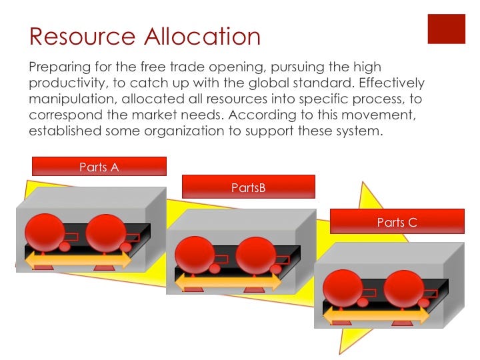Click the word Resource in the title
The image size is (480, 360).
pyautogui.click(x=83, y=37)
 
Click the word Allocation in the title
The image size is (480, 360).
pyautogui.click(x=203, y=37)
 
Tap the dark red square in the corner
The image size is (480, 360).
pyautogui.click(x=446, y=29)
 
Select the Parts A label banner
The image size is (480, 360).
pyautogui.click(x=99, y=166)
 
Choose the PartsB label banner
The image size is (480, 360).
pyautogui.click(x=249, y=187)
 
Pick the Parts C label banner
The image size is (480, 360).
pyautogui.click(x=397, y=221)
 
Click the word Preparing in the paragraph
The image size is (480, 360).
pyautogui.click(x=60, y=67)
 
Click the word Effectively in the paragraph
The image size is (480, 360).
pyautogui.click(x=391, y=83)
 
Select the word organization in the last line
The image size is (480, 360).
pyautogui.click(x=184, y=131)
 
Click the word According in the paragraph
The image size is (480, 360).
pyautogui.click(x=263, y=115)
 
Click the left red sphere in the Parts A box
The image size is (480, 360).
pyautogui.click(x=45, y=233)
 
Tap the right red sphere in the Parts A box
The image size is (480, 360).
pyautogui.click(x=106, y=233)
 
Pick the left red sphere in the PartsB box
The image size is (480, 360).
pyautogui.click(x=195, y=255)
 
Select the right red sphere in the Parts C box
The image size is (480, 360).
pyautogui.click(x=404, y=289)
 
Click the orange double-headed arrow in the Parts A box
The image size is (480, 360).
pyautogui.click(x=78, y=261)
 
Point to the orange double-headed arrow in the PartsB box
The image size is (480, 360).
pyautogui.click(x=228, y=282)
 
